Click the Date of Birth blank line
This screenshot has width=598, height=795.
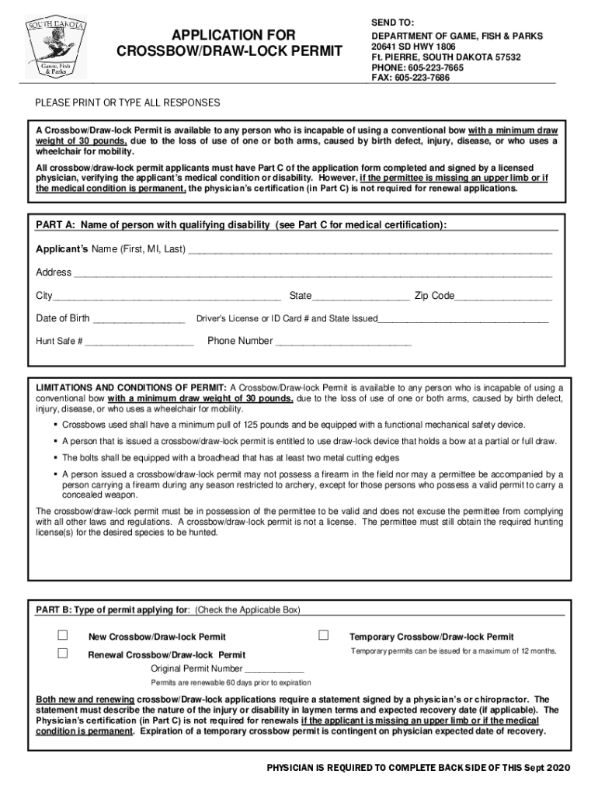click(x=138, y=319)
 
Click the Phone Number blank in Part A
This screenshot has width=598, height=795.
click(x=342, y=342)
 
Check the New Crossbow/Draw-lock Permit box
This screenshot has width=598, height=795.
click(x=63, y=636)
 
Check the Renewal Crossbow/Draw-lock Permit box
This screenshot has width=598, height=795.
click(x=63, y=654)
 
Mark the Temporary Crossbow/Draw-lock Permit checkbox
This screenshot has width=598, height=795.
click(x=324, y=636)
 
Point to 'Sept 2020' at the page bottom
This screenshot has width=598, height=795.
click(x=545, y=767)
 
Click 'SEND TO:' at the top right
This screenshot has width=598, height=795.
click(x=392, y=24)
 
